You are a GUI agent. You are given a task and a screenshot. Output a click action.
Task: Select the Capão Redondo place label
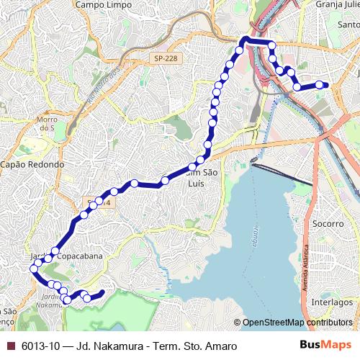point(32,164)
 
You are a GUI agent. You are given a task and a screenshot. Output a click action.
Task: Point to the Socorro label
point(328,223)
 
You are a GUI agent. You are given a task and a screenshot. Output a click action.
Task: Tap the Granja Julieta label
point(337,4)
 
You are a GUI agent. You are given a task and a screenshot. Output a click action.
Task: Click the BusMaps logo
point(325,346)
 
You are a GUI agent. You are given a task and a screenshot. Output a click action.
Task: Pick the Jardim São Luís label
point(197,177)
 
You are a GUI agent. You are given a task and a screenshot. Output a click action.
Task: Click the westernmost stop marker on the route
point(32,269)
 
